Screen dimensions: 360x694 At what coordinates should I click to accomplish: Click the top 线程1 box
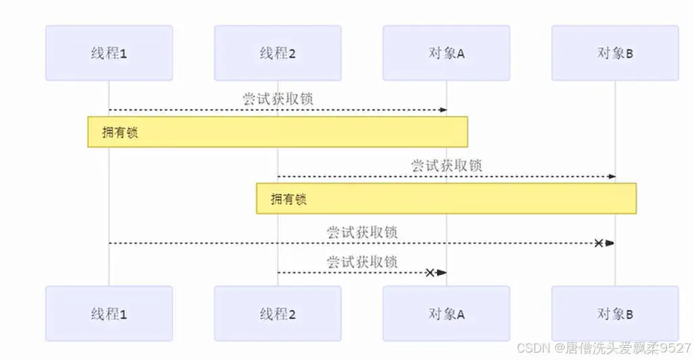click(x=109, y=53)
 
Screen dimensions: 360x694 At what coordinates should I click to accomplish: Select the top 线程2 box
click(x=278, y=53)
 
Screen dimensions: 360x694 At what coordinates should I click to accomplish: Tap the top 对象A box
click(x=446, y=53)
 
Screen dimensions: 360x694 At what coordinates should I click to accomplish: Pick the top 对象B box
click(x=615, y=53)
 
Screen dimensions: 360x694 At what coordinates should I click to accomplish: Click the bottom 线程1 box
click(x=109, y=313)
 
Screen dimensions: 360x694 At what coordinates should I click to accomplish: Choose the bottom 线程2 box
click(x=278, y=313)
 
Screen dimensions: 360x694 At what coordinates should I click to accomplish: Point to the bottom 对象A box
click(x=446, y=313)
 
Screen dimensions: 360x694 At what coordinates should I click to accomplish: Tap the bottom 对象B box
click(x=615, y=313)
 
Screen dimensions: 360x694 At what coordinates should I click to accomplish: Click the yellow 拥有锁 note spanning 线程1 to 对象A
click(x=277, y=132)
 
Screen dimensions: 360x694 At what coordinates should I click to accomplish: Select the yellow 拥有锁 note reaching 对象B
click(x=446, y=199)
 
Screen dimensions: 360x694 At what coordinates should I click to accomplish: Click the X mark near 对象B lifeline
click(x=598, y=243)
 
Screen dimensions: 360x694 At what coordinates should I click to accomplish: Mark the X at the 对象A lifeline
click(x=430, y=272)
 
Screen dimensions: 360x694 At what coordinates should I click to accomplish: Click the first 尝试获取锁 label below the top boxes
click(x=278, y=99)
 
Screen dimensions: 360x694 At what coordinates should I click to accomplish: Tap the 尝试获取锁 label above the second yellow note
click(x=446, y=165)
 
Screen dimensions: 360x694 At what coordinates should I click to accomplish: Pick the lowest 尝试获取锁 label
click(x=362, y=262)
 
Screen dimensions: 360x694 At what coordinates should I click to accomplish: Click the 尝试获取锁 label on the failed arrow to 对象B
click(x=362, y=232)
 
